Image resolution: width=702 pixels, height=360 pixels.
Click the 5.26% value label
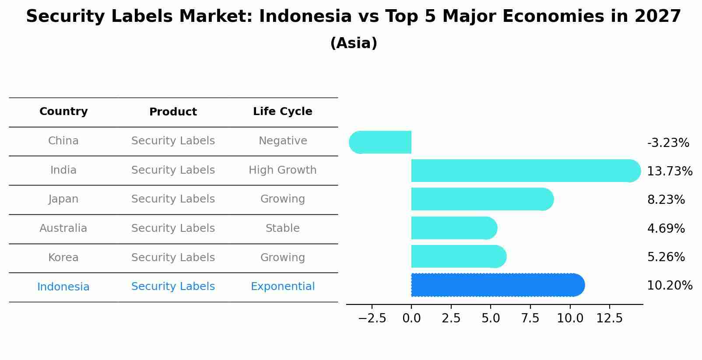pyautogui.click(x=666, y=257)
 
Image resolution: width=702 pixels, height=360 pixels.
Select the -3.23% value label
pyautogui.click(x=668, y=143)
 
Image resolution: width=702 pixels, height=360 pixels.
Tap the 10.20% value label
pyautogui.click(x=669, y=285)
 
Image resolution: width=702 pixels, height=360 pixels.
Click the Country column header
pyautogui.click(x=63, y=112)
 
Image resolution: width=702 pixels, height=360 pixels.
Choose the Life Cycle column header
pyautogui.click(x=282, y=112)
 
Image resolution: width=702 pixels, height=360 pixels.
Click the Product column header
pyautogui.click(x=173, y=112)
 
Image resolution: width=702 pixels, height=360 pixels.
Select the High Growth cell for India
pyautogui.click(x=282, y=170)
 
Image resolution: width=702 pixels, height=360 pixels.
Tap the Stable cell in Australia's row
pyautogui.click(x=282, y=228)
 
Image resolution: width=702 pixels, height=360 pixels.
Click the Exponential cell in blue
pyautogui.click(x=282, y=287)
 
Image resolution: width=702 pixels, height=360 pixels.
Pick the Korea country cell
pyautogui.click(x=63, y=257)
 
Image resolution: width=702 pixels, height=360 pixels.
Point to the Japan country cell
pyautogui.click(x=63, y=199)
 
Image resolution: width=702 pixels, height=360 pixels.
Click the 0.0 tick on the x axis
pyautogui.click(x=411, y=318)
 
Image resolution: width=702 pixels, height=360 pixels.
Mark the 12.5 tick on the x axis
pyautogui.click(x=609, y=318)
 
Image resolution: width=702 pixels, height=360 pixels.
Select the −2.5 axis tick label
pyautogui.click(x=372, y=318)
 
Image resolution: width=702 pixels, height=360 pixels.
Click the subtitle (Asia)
pyautogui.click(x=354, y=43)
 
